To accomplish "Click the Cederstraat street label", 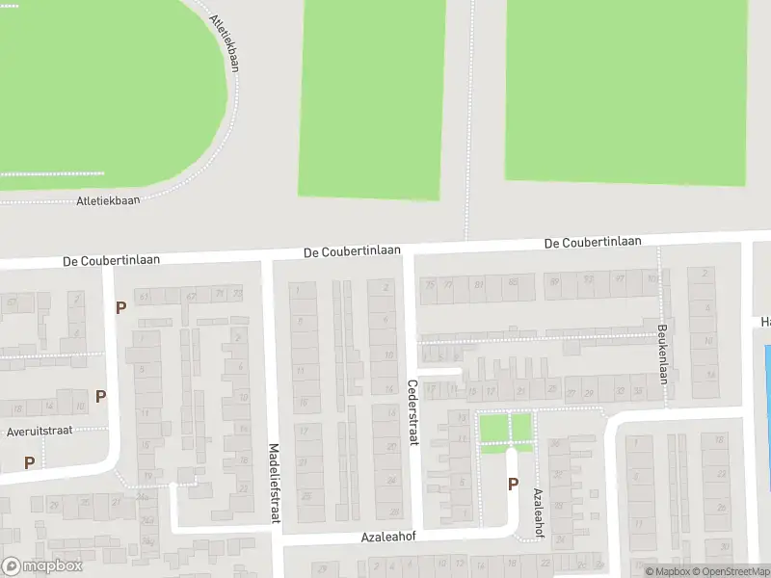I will pyautogui.click(x=412, y=411).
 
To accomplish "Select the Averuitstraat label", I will pyautogui.click(x=40, y=432).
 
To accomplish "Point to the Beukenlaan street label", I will pyautogui.click(x=663, y=352).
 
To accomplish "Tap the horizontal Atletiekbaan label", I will pyautogui.click(x=108, y=200).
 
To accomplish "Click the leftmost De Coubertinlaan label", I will pyautogui.click(x=111, y=260).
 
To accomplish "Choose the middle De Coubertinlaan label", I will pyautogui.click(x=351, y=250).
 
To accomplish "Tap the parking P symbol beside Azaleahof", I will pyautogui.click(x=513, y=485).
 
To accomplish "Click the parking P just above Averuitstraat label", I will pyautogui.click(x=100, y=396).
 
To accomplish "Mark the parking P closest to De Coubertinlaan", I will pyautogui.click(x=120, y=307).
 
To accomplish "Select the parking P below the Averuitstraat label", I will pyautogui.click(x=29, y=462).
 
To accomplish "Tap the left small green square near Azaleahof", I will pyautogui.click(x=492, y=427).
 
